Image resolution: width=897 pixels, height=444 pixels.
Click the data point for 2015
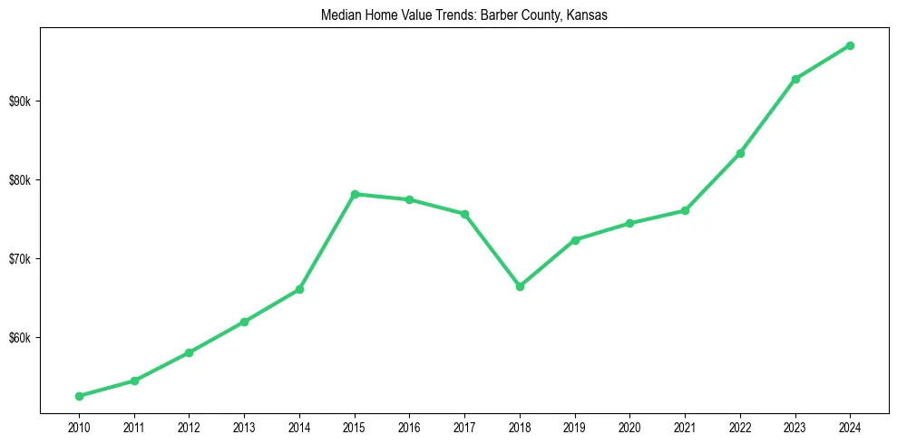pos(355,194)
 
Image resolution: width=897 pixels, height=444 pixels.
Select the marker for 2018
pos(520,286)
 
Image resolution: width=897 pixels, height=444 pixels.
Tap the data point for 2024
pos(850,45)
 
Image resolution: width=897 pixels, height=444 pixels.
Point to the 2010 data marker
pos(79,396)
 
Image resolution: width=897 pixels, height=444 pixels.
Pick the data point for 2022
pos(740,153)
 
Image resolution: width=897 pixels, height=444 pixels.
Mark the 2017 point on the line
pos(464,214)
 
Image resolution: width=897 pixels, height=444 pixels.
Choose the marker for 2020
pos(629,223)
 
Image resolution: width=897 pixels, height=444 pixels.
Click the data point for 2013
pos(244,322)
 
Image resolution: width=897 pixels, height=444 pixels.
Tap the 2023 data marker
pos(795,79)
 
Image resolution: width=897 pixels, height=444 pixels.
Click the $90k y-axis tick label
pos(20,101)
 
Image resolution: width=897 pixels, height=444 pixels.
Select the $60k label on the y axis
pos(20,338)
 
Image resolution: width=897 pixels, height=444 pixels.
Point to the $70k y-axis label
pos(20,259)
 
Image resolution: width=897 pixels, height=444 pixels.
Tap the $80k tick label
pos(20,179)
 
